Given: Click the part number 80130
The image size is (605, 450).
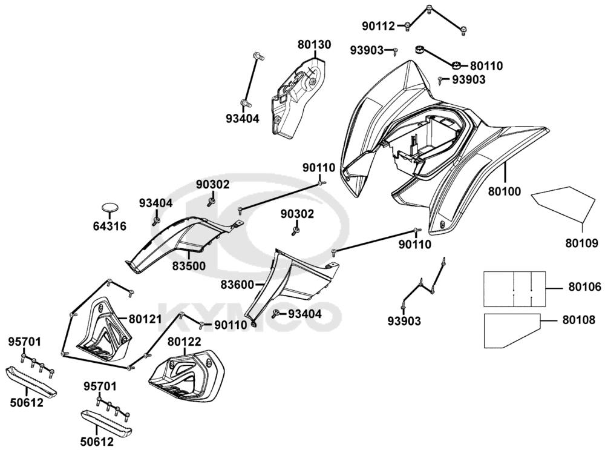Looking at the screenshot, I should pos(314,45).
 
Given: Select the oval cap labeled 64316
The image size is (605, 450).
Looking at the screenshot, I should pos(110,208).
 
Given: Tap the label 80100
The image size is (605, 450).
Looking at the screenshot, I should pos(504,192).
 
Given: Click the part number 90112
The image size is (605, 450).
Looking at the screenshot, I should pos(379,26).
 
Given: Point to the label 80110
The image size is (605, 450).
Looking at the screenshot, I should pos(486,65).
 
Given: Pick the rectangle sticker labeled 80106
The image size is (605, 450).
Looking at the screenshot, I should pos(514,288).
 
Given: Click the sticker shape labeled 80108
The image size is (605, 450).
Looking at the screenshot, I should pos(511,331).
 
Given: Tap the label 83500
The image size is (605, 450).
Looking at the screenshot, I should pos(188,265).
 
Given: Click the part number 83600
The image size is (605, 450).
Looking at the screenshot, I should pos(237,283).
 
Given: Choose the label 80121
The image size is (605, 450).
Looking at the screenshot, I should pos(144,319).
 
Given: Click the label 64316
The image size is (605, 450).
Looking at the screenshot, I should pos(110,227).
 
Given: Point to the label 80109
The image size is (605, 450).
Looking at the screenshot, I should pos(581,244).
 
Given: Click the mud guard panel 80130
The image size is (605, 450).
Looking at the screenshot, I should pos(296,94).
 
